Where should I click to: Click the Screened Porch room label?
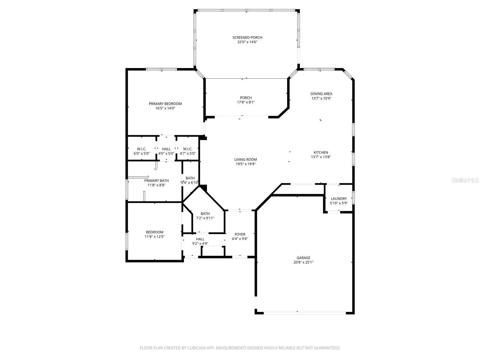[x=247, y=37]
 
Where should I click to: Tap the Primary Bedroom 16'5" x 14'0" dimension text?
[x=165, y=108]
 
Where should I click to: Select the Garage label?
[x=303, y=258]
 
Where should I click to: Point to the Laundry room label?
[x=339, y=199]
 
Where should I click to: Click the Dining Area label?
[x=321, y=94]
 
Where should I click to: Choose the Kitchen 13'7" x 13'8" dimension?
[x=321, y=157]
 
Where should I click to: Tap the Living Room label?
[x=245, y=160]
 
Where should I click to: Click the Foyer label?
[x=240, y=234]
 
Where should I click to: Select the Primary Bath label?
[x=156, y=181]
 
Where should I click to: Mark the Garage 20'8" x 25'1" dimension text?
[x=303, y=262]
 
